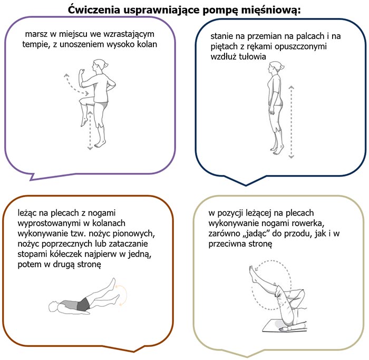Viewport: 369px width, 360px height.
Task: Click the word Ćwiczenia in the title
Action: [x=94, y=10]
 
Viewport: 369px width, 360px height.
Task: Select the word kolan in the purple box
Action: [x=147, y=44]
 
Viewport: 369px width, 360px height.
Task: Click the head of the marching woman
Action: [x=99, y=65]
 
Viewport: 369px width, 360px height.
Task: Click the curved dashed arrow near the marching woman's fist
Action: [x=74, y=85]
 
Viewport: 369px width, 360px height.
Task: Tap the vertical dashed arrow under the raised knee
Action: [x=90, y=130]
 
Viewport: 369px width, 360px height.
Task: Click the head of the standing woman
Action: [x=275, y=67]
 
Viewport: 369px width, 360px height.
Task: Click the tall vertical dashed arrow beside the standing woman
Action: [x=292, y=122]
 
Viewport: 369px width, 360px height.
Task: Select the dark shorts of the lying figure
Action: [x=83, y=305]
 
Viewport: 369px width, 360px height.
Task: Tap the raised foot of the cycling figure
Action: [x=253, y=274]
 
